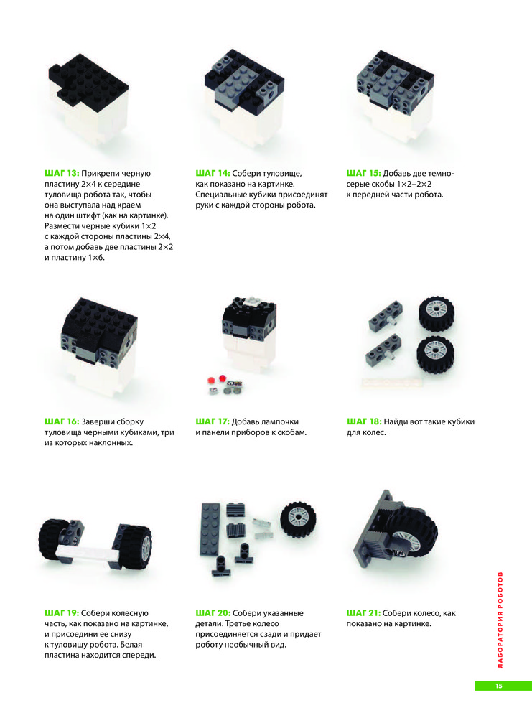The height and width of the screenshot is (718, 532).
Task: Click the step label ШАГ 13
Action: [62, 174]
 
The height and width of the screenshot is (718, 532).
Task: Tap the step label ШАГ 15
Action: [363, 174]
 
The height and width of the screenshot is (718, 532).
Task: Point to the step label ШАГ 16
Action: [62, 421]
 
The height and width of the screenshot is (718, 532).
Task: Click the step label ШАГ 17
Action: [213, 421]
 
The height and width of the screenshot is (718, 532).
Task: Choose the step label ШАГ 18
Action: [364, 421]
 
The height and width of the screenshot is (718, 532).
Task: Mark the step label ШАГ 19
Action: [62, 613]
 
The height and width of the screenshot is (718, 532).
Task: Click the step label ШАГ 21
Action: [363, 613]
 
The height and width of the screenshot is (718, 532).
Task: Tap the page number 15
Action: [498, 686]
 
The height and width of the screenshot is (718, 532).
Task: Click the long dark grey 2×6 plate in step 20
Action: [210, 530]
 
